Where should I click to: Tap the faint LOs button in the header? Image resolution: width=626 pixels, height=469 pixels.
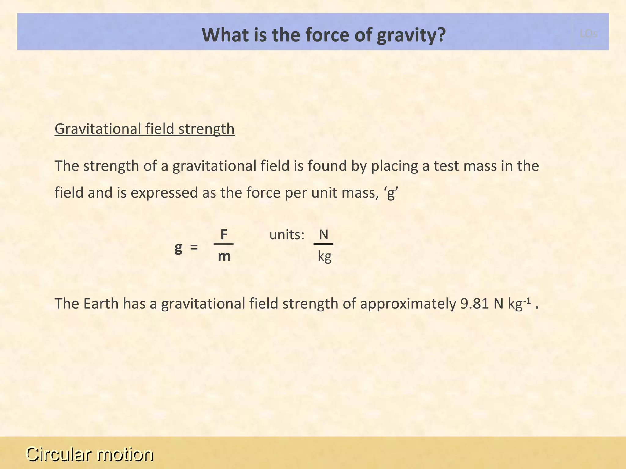(x=588, y=34)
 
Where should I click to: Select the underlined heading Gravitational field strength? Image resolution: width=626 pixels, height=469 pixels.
(x=145, y=129)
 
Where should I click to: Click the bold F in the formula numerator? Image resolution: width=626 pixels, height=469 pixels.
(x=224, y=235)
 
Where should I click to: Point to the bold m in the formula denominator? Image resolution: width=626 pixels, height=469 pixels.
(x=224, y=256)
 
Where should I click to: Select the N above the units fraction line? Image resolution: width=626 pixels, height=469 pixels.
(x=323, y=235)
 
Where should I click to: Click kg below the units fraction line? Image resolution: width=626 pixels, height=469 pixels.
(x=324, y=256)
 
